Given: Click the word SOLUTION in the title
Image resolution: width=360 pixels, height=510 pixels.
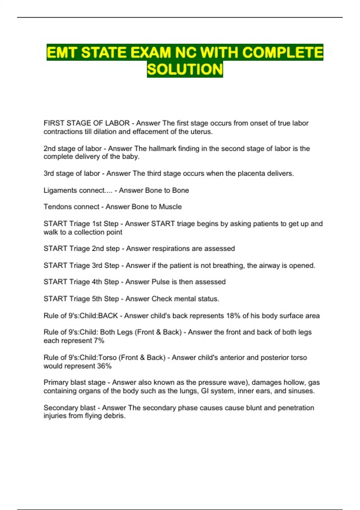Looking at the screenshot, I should [185, 69].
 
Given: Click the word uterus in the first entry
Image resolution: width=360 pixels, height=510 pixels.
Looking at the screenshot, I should [203, 132].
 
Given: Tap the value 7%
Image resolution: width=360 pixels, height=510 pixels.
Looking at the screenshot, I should [99, 341].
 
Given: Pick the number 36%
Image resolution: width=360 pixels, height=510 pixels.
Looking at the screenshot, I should [104, 366].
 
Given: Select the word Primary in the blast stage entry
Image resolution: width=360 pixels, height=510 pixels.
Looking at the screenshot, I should [56, 382].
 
